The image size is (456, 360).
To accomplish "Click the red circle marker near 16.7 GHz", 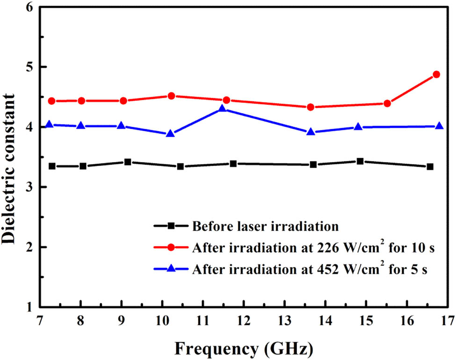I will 436,74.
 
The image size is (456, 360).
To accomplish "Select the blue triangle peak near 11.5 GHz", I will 223,109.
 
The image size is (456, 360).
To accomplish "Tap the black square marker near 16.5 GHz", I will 430,167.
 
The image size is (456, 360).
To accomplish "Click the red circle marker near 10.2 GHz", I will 171,96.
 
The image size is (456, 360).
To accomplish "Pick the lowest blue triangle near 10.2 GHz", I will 170,133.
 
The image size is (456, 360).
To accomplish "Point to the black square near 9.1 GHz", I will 127,162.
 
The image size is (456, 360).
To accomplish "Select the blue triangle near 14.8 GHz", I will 358,127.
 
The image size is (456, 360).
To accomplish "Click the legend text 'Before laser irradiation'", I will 264,226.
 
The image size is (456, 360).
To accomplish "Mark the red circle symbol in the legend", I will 171,248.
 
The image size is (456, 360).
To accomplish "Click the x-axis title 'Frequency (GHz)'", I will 243,349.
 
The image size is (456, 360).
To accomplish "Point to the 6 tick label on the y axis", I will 29,7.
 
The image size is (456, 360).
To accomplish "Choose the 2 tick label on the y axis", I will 29,247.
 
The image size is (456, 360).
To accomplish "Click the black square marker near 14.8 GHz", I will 360,162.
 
